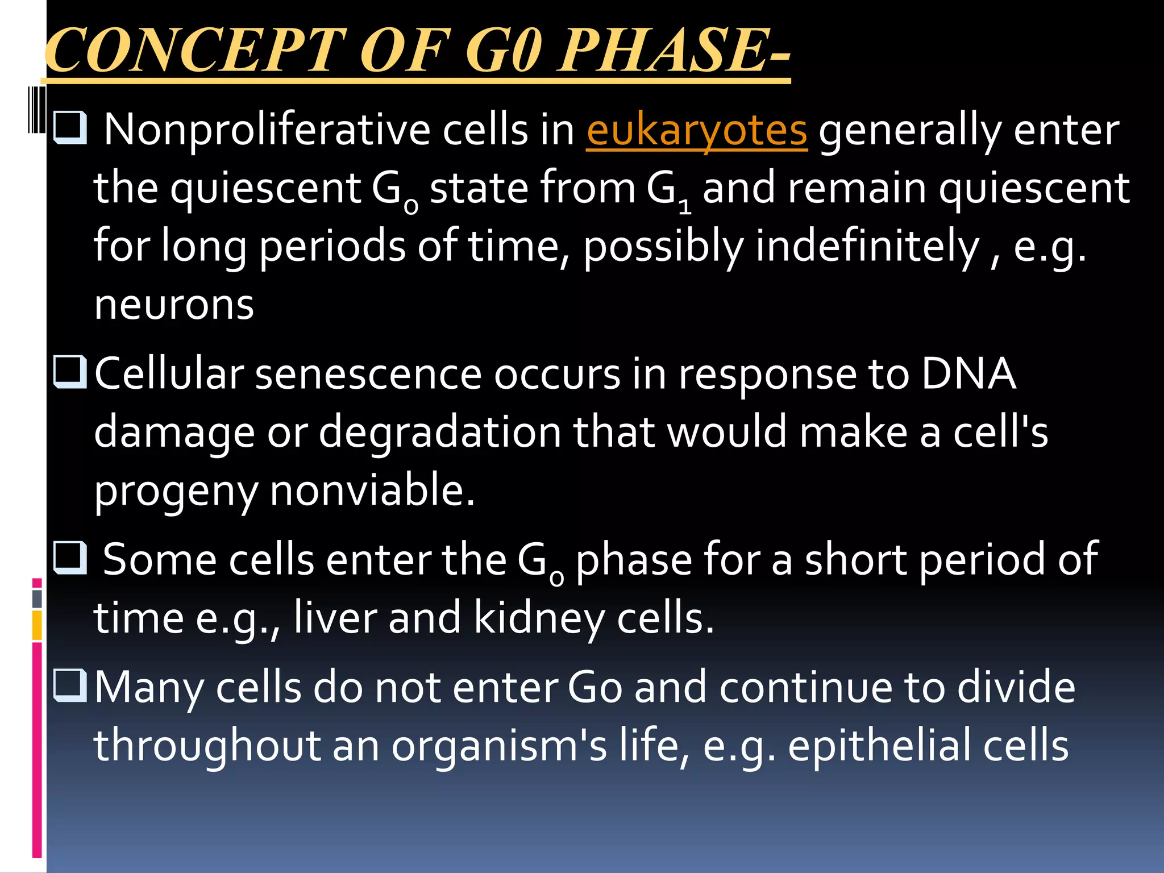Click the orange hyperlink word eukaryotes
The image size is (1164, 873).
pos(696,131)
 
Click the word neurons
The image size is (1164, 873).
pos(174,306)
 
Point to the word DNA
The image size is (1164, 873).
pos(968,374)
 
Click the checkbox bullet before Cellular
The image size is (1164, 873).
pos(70,372)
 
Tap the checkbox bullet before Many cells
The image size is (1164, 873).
pos(70,685)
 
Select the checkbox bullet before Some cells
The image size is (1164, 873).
pos(70,558)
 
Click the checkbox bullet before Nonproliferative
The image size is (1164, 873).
pos(70,127)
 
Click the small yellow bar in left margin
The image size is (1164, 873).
pos(37,625)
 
